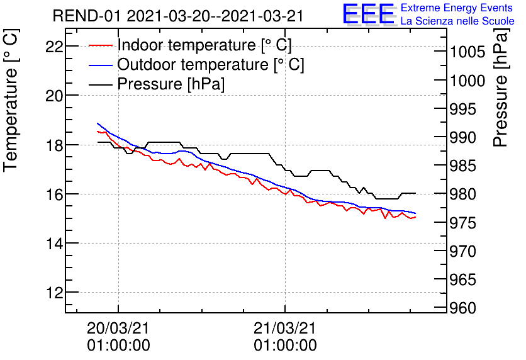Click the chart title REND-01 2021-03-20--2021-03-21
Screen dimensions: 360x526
click(178, 16)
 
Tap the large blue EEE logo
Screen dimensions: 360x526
click(368, 14)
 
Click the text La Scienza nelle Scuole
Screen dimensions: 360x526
click(457, 21)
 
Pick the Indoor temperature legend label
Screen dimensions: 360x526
click(204, 45)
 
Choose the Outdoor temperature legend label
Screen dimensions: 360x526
click(211, 65)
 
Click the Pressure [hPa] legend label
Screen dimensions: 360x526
click(171, 84)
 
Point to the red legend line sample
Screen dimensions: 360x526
click(101, 45)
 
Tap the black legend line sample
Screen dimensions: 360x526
click(101, 84)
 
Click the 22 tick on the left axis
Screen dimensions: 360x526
click(54, 46)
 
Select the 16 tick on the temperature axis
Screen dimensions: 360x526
click(54, 194)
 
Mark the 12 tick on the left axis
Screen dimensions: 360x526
click(54, 293)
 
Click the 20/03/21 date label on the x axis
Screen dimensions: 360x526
click(118, 328)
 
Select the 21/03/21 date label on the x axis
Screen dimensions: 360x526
click(285, 328)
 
